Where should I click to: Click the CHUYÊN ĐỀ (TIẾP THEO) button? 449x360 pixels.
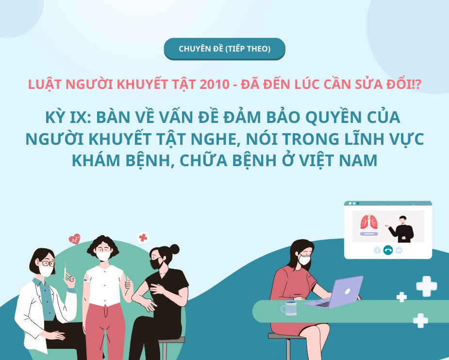(x=224, y=49)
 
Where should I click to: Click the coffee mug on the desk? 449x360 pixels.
(x=290, y=308)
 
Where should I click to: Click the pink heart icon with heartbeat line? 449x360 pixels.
(x=74, y=239)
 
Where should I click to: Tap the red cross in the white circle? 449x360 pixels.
(x=143, y=238)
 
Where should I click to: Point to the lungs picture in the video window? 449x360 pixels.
(x=369, y=222)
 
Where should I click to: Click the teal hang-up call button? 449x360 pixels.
(x=388, y=250)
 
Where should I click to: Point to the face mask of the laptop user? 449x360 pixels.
(x=304, y=259)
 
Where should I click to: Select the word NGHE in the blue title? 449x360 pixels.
(x=211, y=139)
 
